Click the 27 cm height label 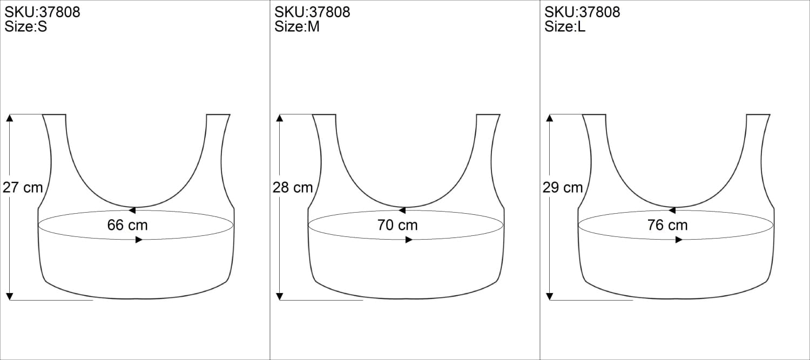coord(23,188)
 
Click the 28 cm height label coord(293,188)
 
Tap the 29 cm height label coord(563,188)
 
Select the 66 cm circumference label coord(127,225)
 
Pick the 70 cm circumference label coord(397,225)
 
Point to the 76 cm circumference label coord(667,225)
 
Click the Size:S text coord(26,27)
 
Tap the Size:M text coord(297,27)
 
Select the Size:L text coord(565,27)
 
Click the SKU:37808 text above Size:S coord(42,12)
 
